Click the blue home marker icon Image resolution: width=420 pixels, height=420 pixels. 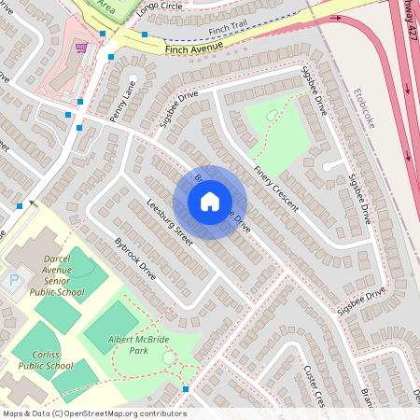210,201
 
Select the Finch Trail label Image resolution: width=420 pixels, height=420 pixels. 229,31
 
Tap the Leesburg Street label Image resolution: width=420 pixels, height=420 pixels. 170,223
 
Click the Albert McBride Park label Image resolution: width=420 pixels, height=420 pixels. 142,345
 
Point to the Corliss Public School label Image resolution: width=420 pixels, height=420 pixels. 45,360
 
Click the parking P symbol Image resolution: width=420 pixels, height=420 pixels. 14,280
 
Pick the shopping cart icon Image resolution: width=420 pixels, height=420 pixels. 81,46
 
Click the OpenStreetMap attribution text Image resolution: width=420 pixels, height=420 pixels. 94,413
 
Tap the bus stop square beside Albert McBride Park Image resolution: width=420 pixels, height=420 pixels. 186,388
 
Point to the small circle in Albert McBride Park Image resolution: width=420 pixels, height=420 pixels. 168,357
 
